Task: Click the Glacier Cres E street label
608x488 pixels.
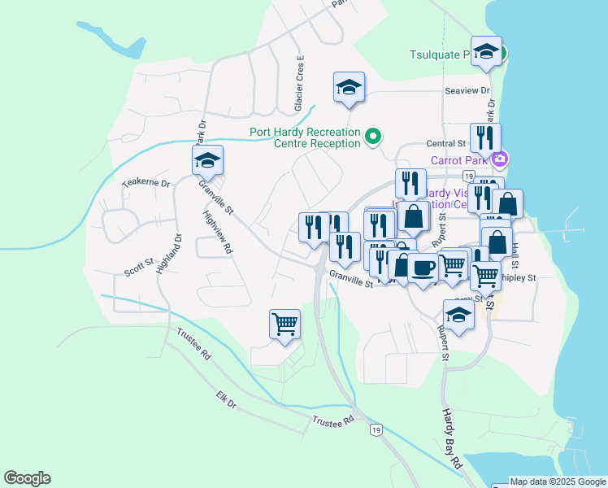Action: (299, 84)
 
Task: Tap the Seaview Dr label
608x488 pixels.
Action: (467, 91)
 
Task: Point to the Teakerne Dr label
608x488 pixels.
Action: (146, 183)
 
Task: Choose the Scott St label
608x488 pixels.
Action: (139, 265)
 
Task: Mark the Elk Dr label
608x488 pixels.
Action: (226, 400)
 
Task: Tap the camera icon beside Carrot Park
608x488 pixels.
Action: (502, 158)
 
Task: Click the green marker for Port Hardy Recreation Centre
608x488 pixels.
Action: (373, 136)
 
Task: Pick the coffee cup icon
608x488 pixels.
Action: (422, 268)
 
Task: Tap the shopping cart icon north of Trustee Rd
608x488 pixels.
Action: (284, 325)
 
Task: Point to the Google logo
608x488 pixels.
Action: (27, 478)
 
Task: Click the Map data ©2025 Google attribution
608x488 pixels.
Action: (558, 481)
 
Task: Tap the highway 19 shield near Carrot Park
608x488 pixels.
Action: (467, 175)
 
